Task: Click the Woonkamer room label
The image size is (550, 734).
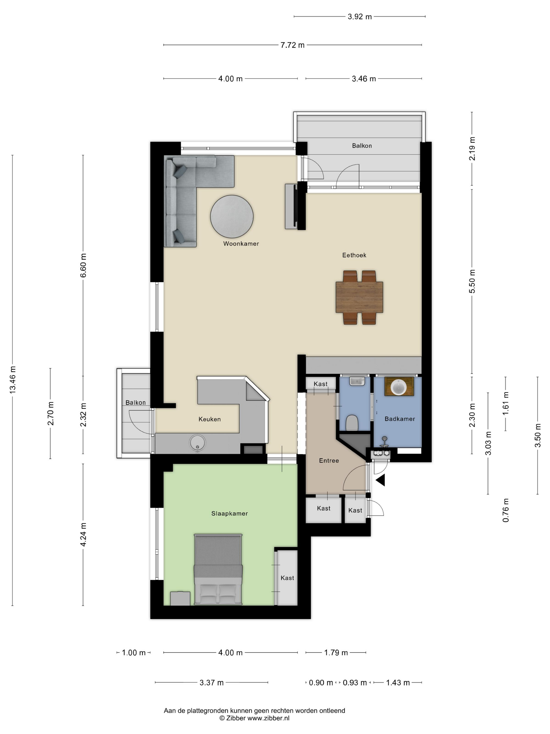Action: click(241, 244)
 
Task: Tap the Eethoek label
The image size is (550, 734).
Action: click(354, 255)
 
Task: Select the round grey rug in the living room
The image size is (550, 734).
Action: click(232, 216)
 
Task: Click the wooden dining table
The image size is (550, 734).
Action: click(359, 297)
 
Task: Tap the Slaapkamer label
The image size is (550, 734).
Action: click(229, 513)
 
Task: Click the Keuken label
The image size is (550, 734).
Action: click(210, 419)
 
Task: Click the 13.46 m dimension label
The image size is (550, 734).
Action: click(13, 380)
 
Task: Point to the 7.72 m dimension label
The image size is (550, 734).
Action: click(292, 45)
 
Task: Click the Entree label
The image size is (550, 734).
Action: click(329, 461)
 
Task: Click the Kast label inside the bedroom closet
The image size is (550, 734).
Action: click(287, 578)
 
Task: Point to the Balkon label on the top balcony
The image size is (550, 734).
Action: click(362, 146)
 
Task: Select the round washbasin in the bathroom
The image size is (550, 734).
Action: click(399, 387)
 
